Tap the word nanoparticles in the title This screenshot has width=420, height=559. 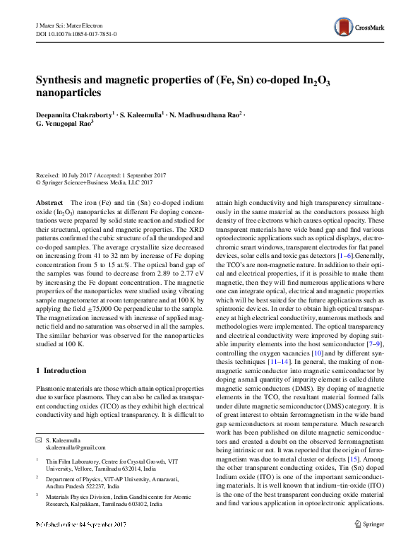click(69, 93)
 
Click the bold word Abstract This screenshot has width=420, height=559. click(49, 203)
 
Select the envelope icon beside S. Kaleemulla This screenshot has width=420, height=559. click(39, 440)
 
